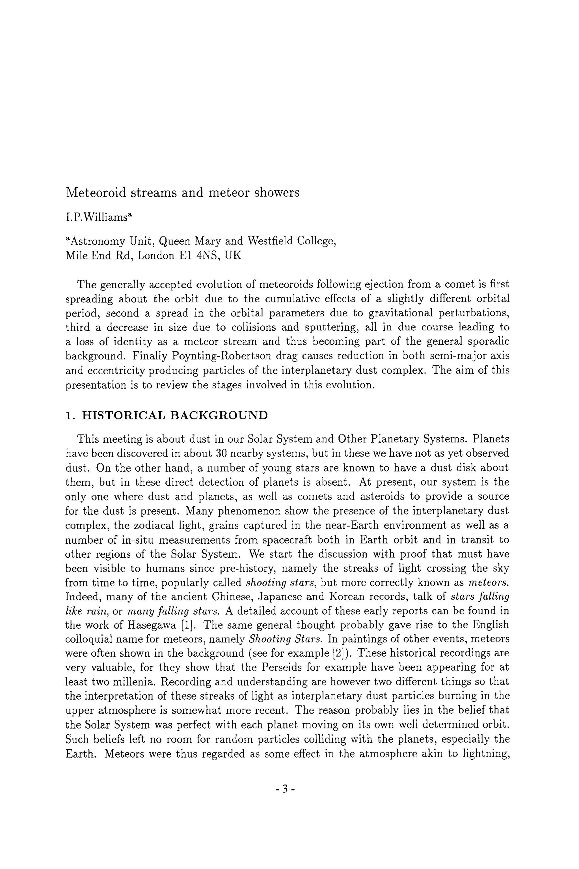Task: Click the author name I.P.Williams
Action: click(x=98, y=218)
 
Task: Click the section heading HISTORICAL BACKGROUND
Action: click(x=175, y=415)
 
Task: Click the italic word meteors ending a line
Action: click(x=489, y=583)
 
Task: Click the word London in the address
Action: click(x=155, y=255)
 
